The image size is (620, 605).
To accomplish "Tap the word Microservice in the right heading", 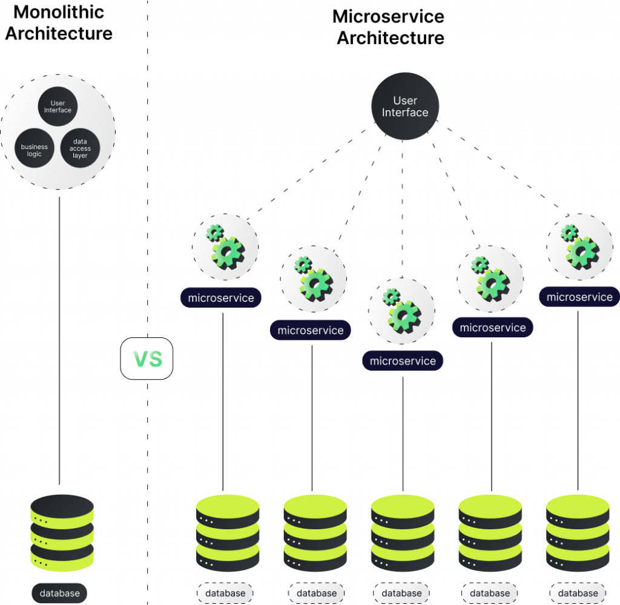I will point(388,16).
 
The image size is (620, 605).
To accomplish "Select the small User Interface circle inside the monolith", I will point(58,107).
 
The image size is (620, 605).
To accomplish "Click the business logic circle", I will point(34,150).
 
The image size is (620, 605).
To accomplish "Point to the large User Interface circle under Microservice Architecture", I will point(405,107).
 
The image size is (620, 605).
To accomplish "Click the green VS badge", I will point(147,359).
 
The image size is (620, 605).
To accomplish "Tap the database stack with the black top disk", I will point(62,533).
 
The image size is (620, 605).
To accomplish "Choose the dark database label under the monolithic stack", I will point(60,593).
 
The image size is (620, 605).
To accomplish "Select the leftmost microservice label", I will point(221,297).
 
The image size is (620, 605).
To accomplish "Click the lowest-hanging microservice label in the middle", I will point(403,361).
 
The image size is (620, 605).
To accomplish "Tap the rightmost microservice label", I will point(579,297).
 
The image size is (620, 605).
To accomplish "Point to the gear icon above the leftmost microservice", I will point(225,246).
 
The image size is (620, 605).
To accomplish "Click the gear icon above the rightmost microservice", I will point(579,245).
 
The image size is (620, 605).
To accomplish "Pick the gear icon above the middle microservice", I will point(401,310).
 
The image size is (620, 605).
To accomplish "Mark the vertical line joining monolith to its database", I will point(61,339).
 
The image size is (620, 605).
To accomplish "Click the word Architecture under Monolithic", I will point(58,33).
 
